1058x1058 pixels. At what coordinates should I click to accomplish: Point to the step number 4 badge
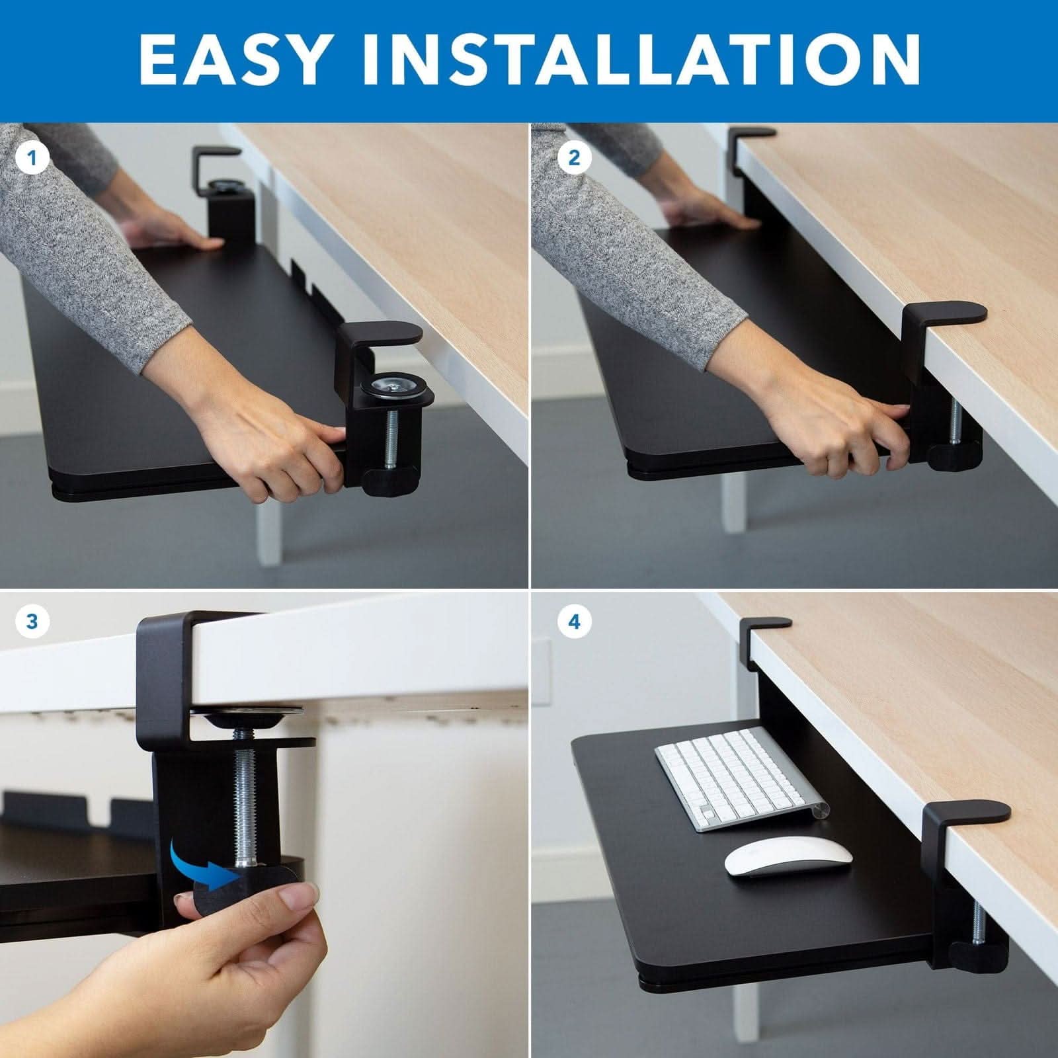pyautogui.click(x=574, y=622)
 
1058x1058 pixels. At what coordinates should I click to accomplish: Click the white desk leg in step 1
pyautogui.click(x=270, y=529)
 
